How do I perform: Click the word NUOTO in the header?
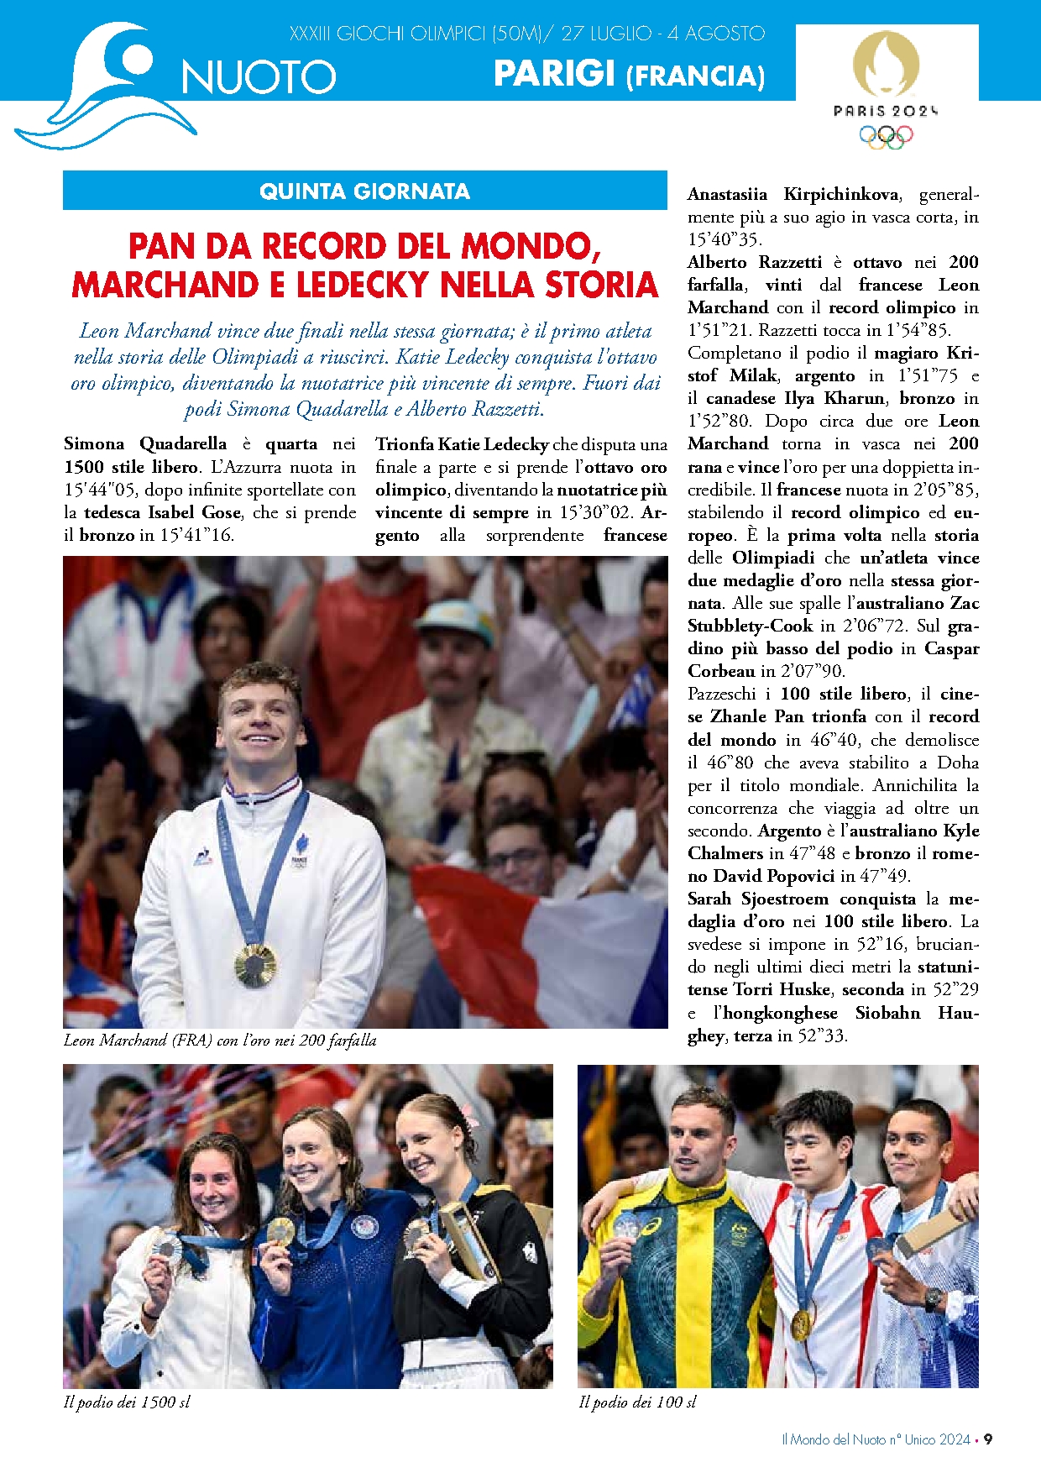pos(259,77)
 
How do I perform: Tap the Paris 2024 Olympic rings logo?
pos(886,136)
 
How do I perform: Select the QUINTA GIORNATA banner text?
pos(364,191)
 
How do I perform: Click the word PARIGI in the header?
pos(555,74)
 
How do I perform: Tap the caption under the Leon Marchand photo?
pos(220,1041)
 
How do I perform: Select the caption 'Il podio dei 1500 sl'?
pos(127,1402)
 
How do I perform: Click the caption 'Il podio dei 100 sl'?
pos(637,1402)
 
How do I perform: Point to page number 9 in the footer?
pos(988,1439)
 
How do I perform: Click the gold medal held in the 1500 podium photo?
pos(280,1231)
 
